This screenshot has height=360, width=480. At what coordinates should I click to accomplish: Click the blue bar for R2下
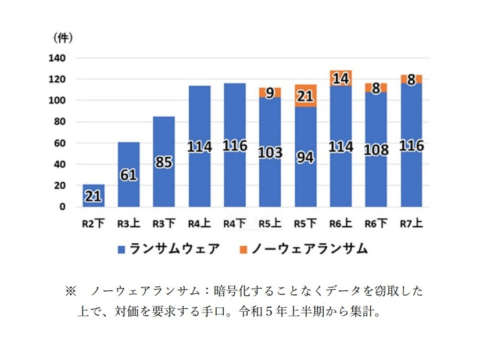pyautogui.click(x=94, y=196)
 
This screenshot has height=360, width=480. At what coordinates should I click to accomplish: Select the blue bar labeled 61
pyautogui.click(x=129, y=174)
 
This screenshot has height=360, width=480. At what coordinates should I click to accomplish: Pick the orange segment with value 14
pyautogui.click(x=341, y=78)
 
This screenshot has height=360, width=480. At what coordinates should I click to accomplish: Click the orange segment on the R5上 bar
pyautogui.click(x=270, y=92)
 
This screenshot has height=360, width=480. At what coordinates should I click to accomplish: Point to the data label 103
pyautogui.click(x=270, y=153)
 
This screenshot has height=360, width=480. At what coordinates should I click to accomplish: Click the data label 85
pyautogui.click(x=164, y=162)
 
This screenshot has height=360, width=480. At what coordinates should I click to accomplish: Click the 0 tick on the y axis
pyautogui.click(x=62, y=207)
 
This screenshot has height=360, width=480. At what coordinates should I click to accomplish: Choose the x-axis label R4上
pyautogui.click(x=199, y=223)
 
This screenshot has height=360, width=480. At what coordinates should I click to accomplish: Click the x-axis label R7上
pyautogui.click(x=411, y=223)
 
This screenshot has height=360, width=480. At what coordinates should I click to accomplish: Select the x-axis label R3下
pyautogui.click(x=164, y=223)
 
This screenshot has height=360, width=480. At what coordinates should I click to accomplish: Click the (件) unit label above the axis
pyautogui.click(x=62, y=38)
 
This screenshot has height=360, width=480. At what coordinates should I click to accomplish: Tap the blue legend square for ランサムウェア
pyautogui.click(x=121, y=249)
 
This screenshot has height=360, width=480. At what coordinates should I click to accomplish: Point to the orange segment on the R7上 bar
pyautogui.click(x=411, y=79)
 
